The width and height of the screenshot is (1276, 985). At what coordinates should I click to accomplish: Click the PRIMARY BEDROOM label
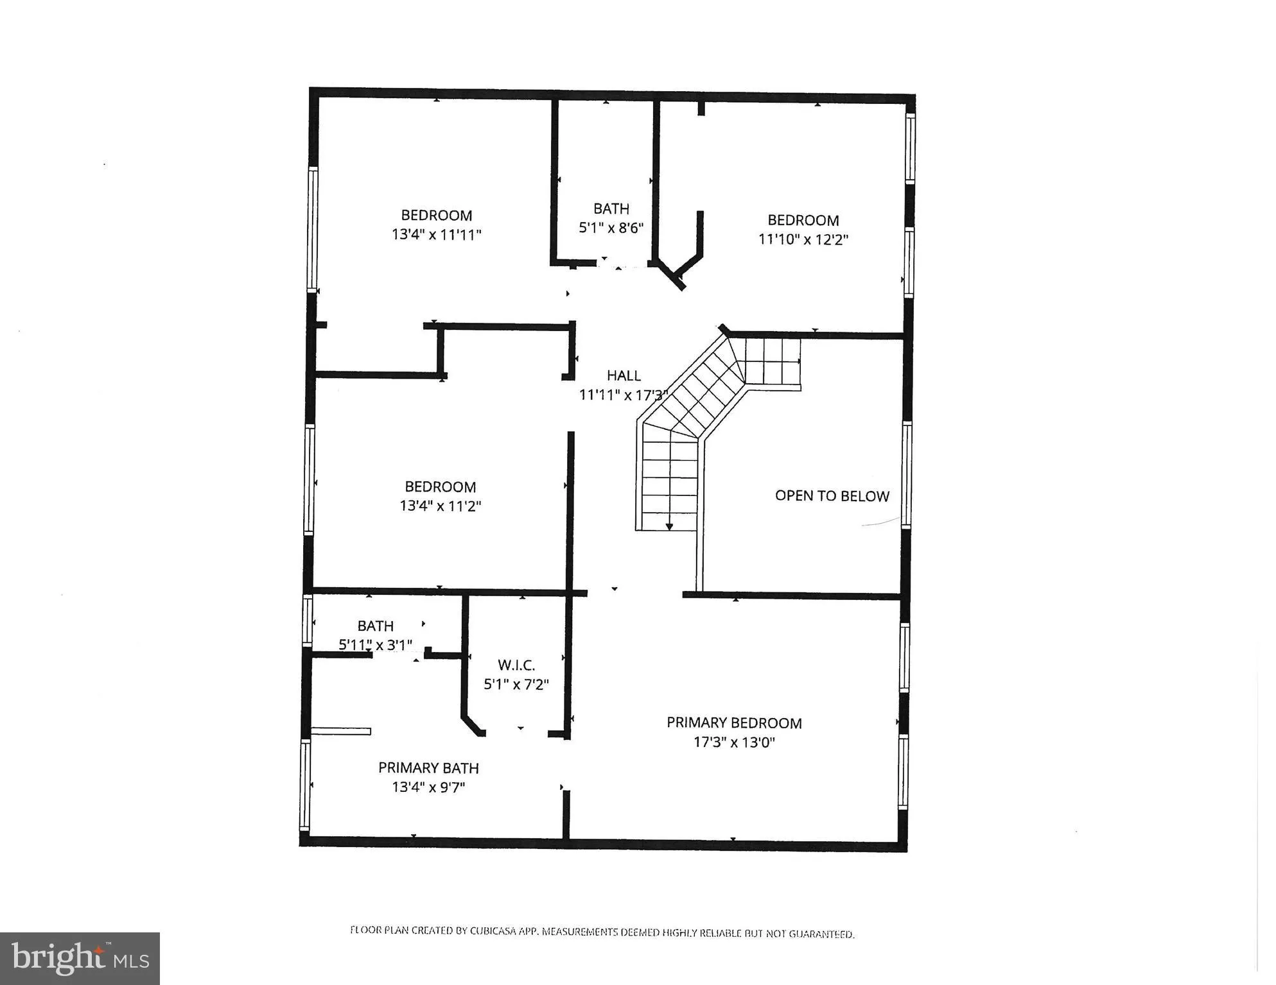(734, 723)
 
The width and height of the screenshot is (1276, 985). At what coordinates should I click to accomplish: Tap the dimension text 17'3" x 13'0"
(734, 742)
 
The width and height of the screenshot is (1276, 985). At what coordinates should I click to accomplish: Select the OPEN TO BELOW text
(832, 496)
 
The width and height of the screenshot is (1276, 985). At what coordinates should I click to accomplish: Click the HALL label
(624, 375)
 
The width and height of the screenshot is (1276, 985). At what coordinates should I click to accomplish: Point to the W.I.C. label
(516, 665)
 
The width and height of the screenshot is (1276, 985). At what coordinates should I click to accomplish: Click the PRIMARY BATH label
(428, 768)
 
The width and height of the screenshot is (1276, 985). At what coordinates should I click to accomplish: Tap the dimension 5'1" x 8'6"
(611, 228)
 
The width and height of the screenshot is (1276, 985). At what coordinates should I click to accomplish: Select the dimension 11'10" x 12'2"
(803, 239)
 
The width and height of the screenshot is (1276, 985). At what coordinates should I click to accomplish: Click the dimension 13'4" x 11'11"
(436, 235)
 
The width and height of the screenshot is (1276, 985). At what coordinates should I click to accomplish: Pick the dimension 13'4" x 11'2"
(440, 506)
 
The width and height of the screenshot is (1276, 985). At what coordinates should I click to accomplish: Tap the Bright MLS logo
(80, 959)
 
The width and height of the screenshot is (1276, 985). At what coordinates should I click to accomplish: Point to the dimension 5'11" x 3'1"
(375, 645)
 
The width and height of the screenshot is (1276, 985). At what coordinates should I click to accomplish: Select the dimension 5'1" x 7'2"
(516, 685)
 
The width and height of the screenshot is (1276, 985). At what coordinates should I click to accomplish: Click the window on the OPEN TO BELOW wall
(906, 475)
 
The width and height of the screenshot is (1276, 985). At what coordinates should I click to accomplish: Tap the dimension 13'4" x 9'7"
(428, 787)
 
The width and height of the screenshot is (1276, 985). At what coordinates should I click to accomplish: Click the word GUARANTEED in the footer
(821, 934)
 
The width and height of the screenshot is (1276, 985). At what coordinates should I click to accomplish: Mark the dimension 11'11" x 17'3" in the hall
(623, 395)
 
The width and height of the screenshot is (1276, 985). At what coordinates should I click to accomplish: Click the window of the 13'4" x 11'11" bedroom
(313, 229)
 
